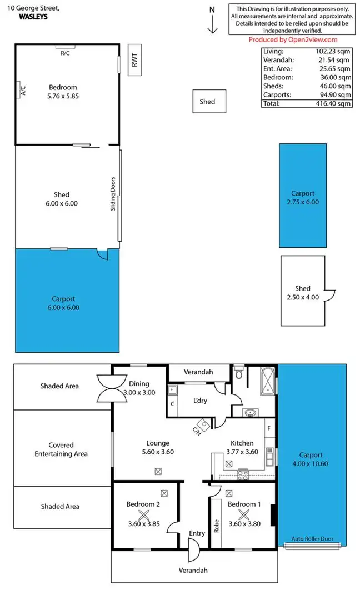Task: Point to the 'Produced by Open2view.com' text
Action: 292,39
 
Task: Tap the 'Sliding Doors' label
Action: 113,193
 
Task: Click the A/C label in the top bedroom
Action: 23,89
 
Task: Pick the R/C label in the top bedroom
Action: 66,53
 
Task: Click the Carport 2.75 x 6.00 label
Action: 303,198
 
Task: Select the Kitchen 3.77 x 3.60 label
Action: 242,447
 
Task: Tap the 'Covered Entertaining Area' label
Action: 61,449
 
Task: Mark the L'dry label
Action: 199,401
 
